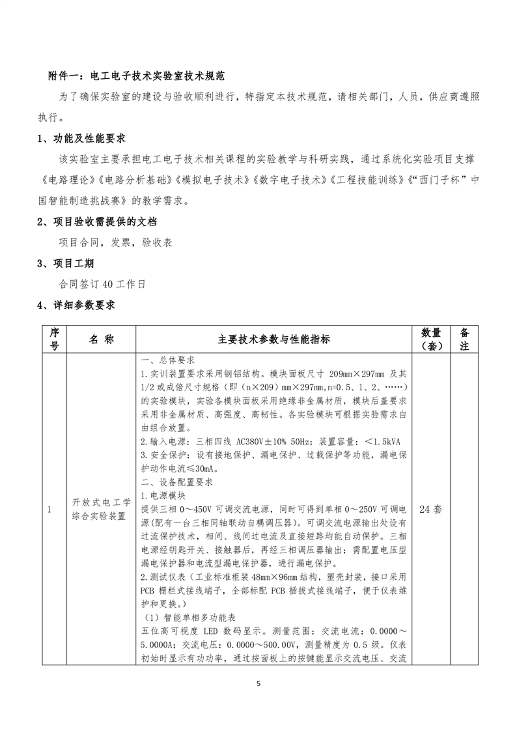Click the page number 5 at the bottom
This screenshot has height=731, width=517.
pos(258,684)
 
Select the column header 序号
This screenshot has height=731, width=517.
pos(54,339)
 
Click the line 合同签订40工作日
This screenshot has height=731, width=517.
pos(102,284)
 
